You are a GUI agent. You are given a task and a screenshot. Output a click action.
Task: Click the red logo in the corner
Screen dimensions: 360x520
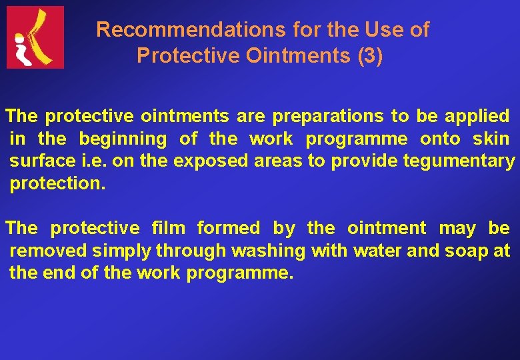(x=35, y=37)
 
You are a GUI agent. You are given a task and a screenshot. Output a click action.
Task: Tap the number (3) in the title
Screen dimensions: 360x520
(x=370, y=57)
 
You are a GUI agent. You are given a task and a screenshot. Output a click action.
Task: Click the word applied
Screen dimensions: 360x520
(x=477, y=117)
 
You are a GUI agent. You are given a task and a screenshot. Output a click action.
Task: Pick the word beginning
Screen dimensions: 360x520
(x=123, y=139)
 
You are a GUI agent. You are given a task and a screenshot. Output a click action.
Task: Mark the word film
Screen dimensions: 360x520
(x=169, y=229)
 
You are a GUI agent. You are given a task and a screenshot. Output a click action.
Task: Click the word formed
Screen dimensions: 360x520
(x=229, y=229)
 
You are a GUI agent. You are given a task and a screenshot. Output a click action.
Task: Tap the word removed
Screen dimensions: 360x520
(x=48, y=251)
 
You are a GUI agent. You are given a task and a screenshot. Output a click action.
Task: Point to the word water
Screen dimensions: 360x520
(x=377, y=251)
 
